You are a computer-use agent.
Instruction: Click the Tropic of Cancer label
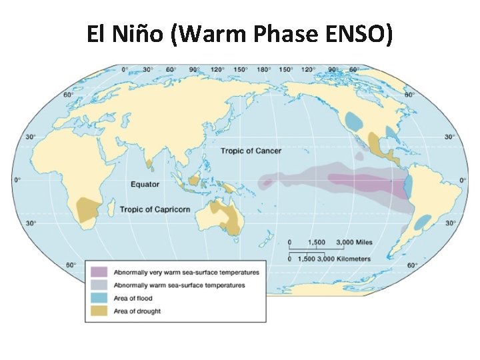(x=251, y=151)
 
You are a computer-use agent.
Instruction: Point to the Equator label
(x=145, y=183)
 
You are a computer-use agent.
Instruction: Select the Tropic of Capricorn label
(x=155, y=209)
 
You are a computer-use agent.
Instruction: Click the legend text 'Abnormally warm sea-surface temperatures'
(x=179, y=285)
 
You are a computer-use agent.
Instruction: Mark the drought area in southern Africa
(x=86, y=209)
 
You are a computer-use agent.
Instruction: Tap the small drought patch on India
(x=148, y=161)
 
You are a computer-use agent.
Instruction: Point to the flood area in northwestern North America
(x=354, y=121)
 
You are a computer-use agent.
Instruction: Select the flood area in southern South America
(x=421, y=222)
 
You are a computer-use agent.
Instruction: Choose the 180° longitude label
(x=263, y=69)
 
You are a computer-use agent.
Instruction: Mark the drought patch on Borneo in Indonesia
(x=194, y=180)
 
